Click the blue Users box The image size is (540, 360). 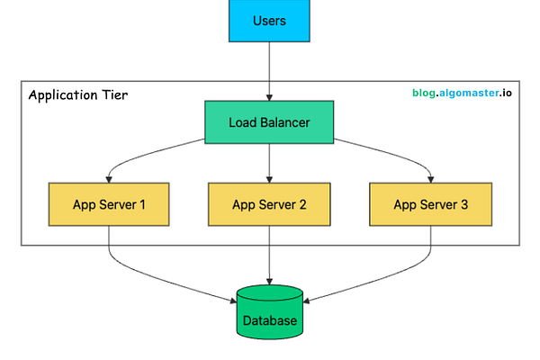point(269,20)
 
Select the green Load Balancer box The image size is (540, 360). point(269,121)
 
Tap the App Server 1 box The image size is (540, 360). point(109,204)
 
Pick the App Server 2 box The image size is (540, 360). point(269,204)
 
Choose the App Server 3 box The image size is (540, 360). point(430,204)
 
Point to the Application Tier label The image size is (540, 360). point(77,94)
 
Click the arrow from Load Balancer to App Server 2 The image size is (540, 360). point(269,162)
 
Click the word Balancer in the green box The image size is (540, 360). point(285,121)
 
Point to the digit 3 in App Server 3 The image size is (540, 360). point(463,204)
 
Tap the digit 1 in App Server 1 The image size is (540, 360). point(143,204)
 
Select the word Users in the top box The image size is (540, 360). point(269,20)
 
